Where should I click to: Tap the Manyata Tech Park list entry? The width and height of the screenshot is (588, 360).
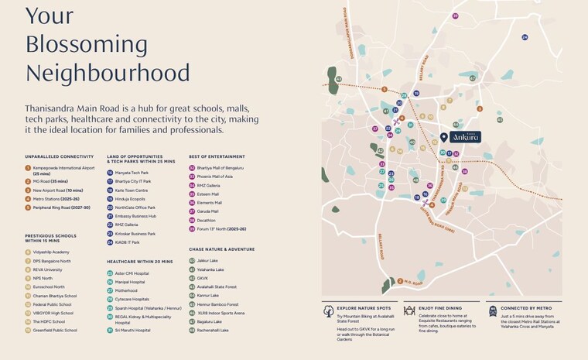click(x=132, y=173)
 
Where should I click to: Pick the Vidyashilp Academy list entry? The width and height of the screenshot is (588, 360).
click(x=51, y=252)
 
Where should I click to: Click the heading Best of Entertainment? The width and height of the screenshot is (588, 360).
click(x=217, y=156)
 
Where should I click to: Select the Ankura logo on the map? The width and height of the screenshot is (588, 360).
click(x=466, y=137)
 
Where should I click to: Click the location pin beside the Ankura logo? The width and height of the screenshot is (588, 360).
click(x=443, y=137)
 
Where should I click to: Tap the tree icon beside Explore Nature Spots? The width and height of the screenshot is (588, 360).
click(x=328, y=311)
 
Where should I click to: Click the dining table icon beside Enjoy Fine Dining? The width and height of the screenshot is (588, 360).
click(x=409, y=311)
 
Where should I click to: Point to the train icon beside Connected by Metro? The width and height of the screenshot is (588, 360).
click(x=492, y=311)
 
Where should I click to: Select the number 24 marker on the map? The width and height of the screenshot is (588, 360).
click(x=525, y=36)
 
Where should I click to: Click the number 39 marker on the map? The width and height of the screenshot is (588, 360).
click(x=456, y=15)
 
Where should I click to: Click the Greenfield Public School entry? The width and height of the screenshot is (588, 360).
click(x=55, y=330)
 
